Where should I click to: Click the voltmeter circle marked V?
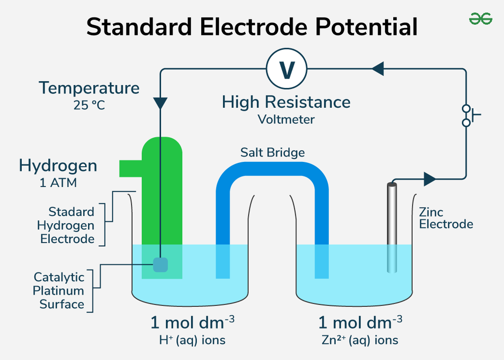286,69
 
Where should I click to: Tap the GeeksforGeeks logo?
480,19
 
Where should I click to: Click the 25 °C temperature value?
89,105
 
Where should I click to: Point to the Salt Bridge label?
273,152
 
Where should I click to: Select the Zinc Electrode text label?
445,218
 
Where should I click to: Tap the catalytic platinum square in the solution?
160,265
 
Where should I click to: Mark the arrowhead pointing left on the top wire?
378,68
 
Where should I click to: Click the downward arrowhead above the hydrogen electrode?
160,103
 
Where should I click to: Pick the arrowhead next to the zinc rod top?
429,179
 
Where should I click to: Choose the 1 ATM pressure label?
58,183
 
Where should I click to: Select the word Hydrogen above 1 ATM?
58,166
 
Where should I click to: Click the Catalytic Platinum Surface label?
59,291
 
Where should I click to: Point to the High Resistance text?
286,102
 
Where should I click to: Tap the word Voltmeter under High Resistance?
286,119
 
